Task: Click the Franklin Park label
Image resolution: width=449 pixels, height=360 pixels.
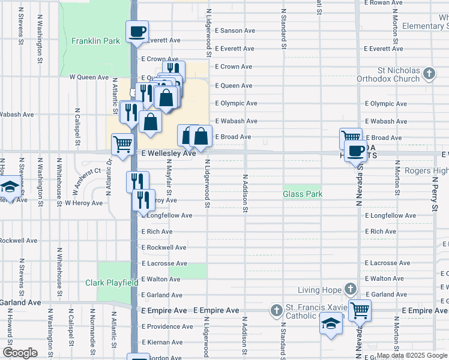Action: (95, 41)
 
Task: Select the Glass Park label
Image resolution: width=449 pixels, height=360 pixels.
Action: (303, 194)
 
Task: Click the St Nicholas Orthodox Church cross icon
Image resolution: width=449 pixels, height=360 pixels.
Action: (429, 74)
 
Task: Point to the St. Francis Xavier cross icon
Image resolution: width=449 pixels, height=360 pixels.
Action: (276, 311)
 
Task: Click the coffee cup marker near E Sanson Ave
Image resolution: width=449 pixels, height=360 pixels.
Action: (137, 31)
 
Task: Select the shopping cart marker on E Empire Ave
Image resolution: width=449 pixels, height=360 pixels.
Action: (360, 310)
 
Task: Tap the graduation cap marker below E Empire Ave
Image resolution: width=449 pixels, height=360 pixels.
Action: (330, 324)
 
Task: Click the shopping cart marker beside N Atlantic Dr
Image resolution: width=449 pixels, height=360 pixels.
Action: (122, 144)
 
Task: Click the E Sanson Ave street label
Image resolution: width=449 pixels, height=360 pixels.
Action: (235, 31)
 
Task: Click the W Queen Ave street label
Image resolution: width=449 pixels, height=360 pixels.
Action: (89, 77)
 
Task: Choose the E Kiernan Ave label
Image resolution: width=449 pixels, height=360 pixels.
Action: (166, 342)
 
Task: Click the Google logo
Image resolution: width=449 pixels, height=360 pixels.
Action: (20, 353)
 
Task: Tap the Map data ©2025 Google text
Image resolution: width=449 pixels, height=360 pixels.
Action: (412, 355)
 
